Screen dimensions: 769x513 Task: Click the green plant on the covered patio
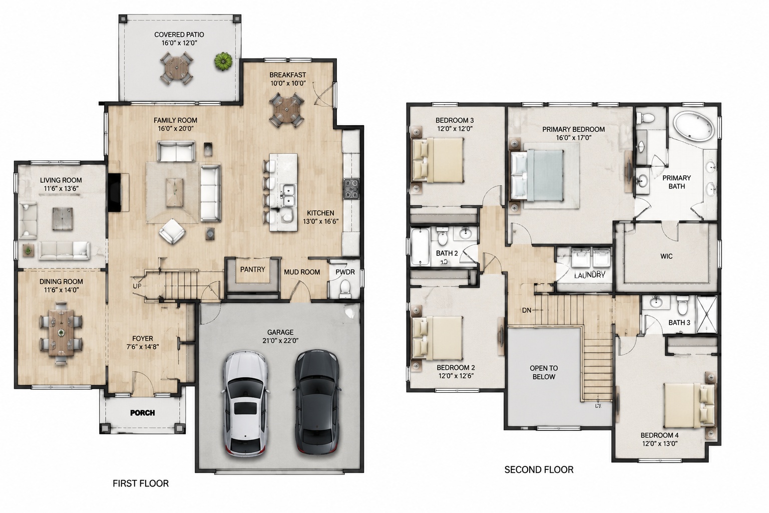223,62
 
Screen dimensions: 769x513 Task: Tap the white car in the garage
245,404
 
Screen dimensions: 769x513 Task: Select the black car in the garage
316,402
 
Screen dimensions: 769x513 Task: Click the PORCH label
143,413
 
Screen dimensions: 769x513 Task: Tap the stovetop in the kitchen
351,189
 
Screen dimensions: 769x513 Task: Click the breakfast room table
287,110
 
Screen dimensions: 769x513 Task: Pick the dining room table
61,333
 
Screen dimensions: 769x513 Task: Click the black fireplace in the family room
114,192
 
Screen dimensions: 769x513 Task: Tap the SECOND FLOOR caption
539,470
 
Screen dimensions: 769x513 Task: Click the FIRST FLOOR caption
141,483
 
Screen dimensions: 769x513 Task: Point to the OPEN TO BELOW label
544,372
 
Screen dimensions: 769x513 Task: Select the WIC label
666,256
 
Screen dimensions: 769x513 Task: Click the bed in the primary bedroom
537,175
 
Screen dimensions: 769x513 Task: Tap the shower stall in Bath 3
706,314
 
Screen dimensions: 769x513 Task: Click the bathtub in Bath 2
420,246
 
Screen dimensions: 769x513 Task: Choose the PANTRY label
253,270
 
